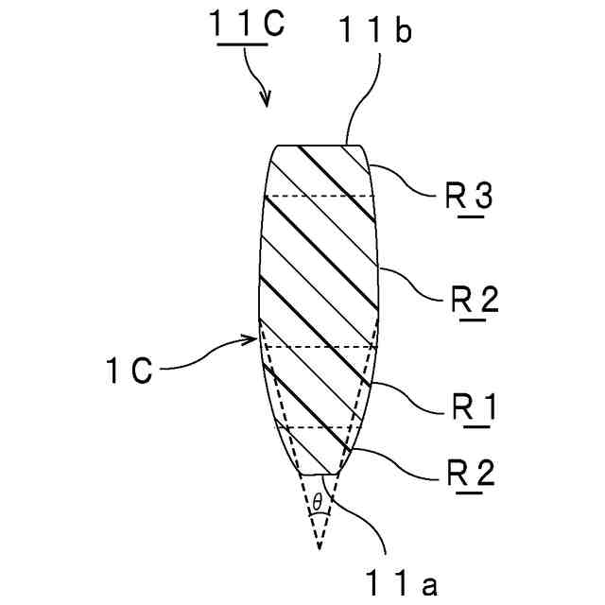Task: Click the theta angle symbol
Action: pos(318,498)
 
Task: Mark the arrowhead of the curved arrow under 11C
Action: pos(267,101)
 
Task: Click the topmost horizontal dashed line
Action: pos(321,196)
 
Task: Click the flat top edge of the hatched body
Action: pos(320,145)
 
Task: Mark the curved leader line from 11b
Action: pos(368,95)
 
